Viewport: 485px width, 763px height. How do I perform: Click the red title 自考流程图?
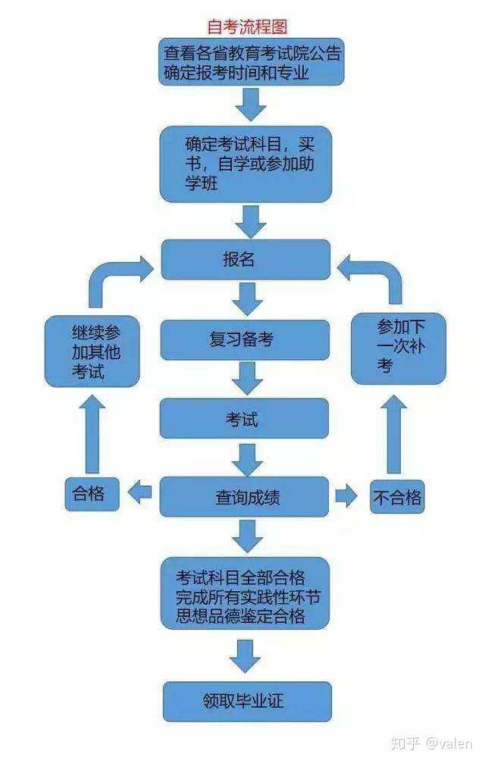247,27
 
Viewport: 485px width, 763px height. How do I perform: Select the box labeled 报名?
246,259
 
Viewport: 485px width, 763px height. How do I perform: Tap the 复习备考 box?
245,339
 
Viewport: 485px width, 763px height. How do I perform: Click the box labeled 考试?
244,418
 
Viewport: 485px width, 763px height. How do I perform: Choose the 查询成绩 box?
244,496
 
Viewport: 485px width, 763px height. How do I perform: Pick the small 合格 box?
92,494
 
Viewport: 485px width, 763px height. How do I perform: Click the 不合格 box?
397,497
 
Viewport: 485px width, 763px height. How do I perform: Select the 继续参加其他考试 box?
92,352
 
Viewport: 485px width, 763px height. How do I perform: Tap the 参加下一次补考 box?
399,349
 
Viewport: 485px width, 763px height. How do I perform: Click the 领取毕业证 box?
247,702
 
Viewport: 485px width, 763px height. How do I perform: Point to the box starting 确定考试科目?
246,164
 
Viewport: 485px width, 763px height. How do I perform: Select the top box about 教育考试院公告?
252,62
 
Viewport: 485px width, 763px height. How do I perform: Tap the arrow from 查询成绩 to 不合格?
346,496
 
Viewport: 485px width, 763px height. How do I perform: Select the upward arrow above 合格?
92,433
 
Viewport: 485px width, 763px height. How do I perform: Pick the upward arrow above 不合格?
393,433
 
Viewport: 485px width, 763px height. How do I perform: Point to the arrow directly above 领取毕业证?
246,656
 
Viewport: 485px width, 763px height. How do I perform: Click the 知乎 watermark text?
405,743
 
